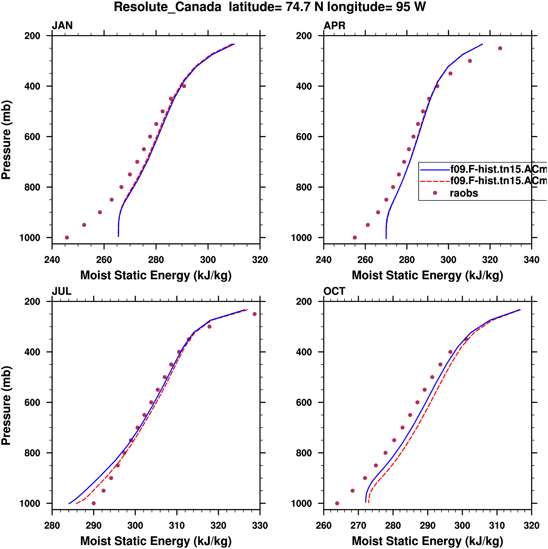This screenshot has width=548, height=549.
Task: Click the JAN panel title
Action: [x=62, y=26]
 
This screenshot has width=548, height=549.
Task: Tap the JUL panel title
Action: [x=61, y=291]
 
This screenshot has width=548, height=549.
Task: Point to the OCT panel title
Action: [x=334, y=291]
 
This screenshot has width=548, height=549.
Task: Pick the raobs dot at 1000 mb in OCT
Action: [x=337, y=503]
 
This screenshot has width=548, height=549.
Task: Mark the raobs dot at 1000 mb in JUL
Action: [x=94, y=503]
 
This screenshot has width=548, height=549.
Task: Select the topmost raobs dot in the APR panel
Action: [x=500, y=48]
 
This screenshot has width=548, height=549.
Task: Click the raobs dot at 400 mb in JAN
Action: [x=184, y=86]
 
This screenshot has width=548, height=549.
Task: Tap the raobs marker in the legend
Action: [x=435, y=193]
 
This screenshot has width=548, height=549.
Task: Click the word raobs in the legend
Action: [x=464, y=193]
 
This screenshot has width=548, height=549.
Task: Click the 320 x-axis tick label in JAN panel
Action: [x=260, y=260]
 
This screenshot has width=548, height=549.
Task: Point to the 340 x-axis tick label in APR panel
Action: [x=531, y=260]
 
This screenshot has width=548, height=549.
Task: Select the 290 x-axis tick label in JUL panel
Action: [x=94, y=525]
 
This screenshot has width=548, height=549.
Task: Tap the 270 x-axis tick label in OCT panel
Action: [x=358, y=525]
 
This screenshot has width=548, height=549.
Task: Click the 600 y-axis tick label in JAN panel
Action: [x=32, y=137]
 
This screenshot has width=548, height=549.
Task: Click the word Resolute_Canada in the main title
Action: [x=167, y=7]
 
